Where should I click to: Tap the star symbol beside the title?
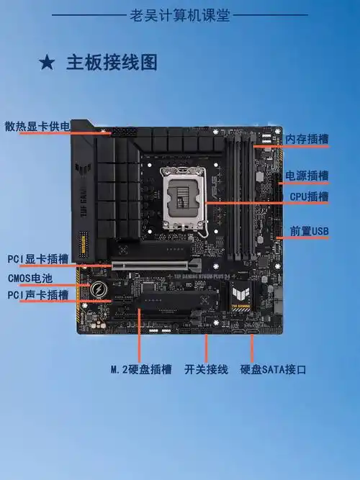point(47,63)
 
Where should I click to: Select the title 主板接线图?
point(112,63)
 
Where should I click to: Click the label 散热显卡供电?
point(37,127)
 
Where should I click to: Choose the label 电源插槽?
point(307,176)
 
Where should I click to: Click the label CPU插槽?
point(309,196)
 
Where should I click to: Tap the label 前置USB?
point(309,231)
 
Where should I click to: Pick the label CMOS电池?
point(30,278)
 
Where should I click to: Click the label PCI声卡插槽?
point(38,295)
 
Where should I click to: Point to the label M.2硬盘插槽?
point(141,370)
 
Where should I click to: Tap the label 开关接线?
point(206,370)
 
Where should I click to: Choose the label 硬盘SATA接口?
point(273,370)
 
